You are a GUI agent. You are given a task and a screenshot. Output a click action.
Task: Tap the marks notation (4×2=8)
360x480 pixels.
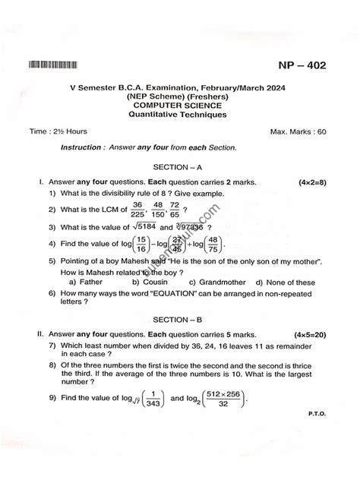312,182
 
